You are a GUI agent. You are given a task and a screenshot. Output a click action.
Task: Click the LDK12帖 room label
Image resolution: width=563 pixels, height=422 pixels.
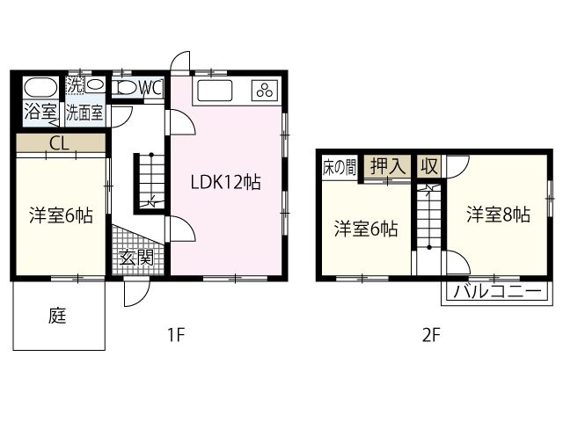pyautogui.click(x=225, y=182)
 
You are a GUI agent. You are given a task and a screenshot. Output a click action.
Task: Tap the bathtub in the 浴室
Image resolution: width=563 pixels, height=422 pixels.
pyautogui.click(x=40, y=87)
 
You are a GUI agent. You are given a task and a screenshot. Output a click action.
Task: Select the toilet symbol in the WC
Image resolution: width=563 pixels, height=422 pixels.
pyautogui.click(x=125, y=87)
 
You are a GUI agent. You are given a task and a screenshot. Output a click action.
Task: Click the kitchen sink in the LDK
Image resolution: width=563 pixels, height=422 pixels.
pyautogui.click(x=215, y=91)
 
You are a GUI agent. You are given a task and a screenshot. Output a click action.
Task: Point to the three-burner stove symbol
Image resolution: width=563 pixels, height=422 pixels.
pyautogui.click(x=265, y=90)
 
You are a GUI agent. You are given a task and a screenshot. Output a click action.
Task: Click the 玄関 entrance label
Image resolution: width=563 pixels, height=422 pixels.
pyautogui.click(x=137, y=258)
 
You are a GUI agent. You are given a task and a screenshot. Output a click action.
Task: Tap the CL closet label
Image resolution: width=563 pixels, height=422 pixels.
pyautogui.click(x=59, y=143)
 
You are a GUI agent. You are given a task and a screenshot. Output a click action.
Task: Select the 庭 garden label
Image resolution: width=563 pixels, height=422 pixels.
pyautogui.click(x=57, y=316)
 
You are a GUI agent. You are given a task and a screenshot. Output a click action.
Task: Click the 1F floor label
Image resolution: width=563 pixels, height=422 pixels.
pyautogui.click(x=176, y=335)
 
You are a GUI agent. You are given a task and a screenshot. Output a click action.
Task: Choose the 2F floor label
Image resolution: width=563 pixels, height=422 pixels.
pyautogui.click(x=431, y=336)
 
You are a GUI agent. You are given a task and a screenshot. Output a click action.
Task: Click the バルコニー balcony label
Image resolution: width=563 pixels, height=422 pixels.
pyautogui.click(x=497, y=291)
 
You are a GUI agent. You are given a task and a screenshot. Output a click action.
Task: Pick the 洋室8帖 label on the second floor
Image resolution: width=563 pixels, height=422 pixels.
pyautogui.click(x=498, y=215)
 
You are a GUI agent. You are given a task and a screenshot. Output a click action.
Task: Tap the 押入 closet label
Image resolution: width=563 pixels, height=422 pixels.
pyautogui.click(x=388, y=166)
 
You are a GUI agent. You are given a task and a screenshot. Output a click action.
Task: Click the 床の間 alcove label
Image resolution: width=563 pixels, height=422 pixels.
pyautogui.click(x=340, y=167)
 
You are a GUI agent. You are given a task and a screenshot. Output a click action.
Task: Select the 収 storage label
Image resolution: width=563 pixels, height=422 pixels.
pyautogui.click(x=429, y=166)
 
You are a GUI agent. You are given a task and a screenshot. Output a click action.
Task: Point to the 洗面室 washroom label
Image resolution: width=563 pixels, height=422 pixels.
pyautogui.click(x=84, y=113)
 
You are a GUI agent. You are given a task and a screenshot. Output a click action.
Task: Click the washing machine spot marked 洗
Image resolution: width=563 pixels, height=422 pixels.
pyautogui.click(x=75, y=85)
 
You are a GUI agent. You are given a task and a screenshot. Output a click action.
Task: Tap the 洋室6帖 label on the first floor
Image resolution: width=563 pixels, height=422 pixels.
pyautogui.click(x=61, y=215)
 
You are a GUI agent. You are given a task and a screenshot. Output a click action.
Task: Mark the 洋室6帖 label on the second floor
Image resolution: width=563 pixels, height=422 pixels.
pyautogui.click(x=366, y=229)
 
